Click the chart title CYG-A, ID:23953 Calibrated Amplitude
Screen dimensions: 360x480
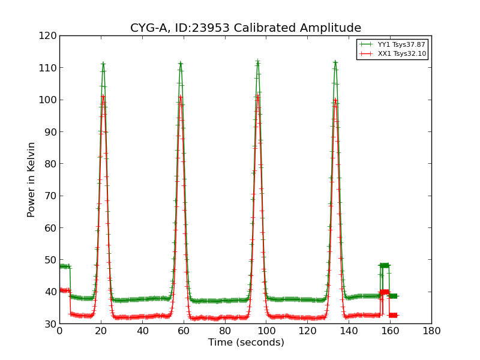pyautogui.click(x=245, y=28)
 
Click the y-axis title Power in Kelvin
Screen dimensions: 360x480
pyautogui.click(x=32, y=179)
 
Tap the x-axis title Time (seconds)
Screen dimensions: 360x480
pyautogui.click(x=246, y=343)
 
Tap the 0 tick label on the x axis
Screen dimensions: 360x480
pyautogui.click(x=59, y=331)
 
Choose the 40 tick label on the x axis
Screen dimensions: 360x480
pyautogui.click(x=142, y=331)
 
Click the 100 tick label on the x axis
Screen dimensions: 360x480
pyautogui.click(x=266, y=331)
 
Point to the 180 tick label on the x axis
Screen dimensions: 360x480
pyautogui.click(x=431, y=331)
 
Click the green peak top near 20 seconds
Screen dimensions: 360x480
pyautogui.click(x=103, y=64)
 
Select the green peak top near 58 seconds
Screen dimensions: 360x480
pyautogui.click(x=180, y=63)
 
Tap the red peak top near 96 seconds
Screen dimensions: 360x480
pyautogui.click(x=257, y=95)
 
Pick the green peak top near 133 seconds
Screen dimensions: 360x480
pyautogui.click(x=335, y=62)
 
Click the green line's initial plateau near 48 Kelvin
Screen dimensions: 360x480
pyautogui.click(x=64, y=266)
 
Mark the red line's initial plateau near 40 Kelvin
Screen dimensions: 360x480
pyautogui.click(x=64, y=290)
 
